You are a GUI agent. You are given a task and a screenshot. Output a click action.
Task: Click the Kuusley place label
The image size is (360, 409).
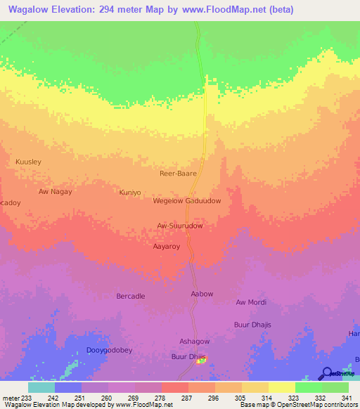29,162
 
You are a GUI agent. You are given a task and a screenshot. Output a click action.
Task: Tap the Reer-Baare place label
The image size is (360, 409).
179,172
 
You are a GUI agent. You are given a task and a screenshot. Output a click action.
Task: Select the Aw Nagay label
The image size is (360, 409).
56,191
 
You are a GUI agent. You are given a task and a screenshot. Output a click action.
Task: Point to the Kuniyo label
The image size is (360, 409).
130,192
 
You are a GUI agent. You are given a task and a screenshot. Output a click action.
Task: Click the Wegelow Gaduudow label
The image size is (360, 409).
187,201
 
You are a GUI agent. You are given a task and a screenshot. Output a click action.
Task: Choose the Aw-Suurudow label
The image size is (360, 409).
180,226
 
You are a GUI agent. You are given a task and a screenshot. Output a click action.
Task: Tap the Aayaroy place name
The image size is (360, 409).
167,247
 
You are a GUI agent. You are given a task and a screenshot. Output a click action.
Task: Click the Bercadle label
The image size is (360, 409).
131,297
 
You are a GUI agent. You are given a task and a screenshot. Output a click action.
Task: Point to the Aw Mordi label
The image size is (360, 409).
251,302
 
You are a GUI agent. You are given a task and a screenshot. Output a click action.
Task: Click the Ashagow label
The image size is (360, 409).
195,342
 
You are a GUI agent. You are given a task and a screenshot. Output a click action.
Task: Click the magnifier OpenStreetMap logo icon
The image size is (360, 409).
327,373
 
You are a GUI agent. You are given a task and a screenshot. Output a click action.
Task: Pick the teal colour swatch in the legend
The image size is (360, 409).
41,387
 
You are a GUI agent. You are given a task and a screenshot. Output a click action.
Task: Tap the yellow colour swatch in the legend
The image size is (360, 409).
282,387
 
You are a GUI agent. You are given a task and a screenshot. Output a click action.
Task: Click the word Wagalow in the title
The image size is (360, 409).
30,10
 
